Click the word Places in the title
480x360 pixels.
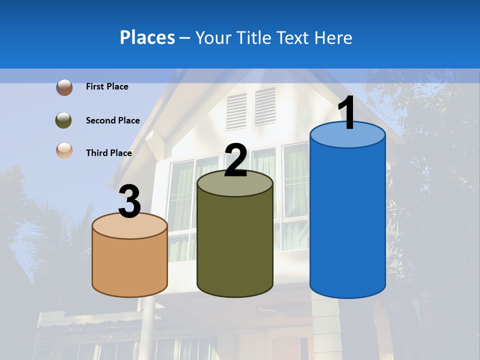point(147,37)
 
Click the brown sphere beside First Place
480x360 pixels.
point(64,87)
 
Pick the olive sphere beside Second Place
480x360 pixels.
point(64,120)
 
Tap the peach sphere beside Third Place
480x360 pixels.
point(64,150)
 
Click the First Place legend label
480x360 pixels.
point(107,86)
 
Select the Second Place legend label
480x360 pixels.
point(112,120)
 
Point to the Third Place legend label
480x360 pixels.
point(108,153)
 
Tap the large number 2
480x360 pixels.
point(235,160)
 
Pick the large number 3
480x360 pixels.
point(129,202)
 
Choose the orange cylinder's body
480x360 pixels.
point(129,265)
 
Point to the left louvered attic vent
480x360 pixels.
point(236,111)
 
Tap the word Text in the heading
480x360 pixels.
point(297,37)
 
